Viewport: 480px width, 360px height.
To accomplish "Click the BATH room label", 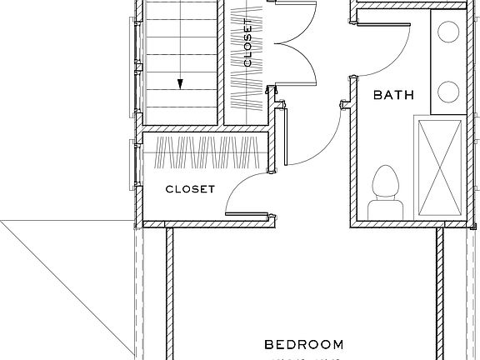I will [393, 96].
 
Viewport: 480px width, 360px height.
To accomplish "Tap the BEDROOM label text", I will [303, 344].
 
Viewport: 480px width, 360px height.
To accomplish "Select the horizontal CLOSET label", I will [190, 189].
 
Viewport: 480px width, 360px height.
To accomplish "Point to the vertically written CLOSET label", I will [247, 42].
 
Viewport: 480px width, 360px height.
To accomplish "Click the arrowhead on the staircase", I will [179, 83].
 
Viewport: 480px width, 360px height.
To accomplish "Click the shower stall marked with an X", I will [442, 167].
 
